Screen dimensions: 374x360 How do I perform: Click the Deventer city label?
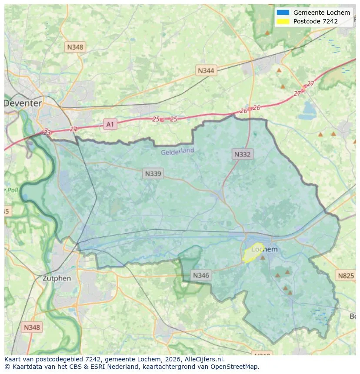click(23, 103)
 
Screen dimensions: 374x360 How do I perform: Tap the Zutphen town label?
click(57, 278)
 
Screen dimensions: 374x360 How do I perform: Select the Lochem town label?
click(264, 249)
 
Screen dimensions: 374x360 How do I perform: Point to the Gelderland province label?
click(177, 152)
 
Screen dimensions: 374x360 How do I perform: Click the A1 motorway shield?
click(110, 125)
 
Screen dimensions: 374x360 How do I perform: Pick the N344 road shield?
click(206, 70)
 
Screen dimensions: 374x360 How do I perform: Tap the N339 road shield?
click(153, 174)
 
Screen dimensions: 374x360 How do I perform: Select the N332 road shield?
click(242, 154)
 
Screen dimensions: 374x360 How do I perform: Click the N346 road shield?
click(201, 275)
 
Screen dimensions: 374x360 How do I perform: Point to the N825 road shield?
click(346, 275)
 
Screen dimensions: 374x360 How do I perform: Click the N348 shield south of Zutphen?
click(32, 327)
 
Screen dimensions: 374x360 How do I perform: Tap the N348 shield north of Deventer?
click(75, 46)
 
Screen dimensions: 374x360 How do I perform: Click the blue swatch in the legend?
click(283, 13)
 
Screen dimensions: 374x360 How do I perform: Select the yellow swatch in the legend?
click(283, 21)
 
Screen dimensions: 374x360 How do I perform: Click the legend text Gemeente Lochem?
click(321, 13)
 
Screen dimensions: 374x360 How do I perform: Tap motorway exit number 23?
click(47, 132)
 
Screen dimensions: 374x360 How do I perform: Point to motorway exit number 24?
click(73, 129)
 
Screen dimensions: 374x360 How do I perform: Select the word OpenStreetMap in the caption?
click(236, 367)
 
